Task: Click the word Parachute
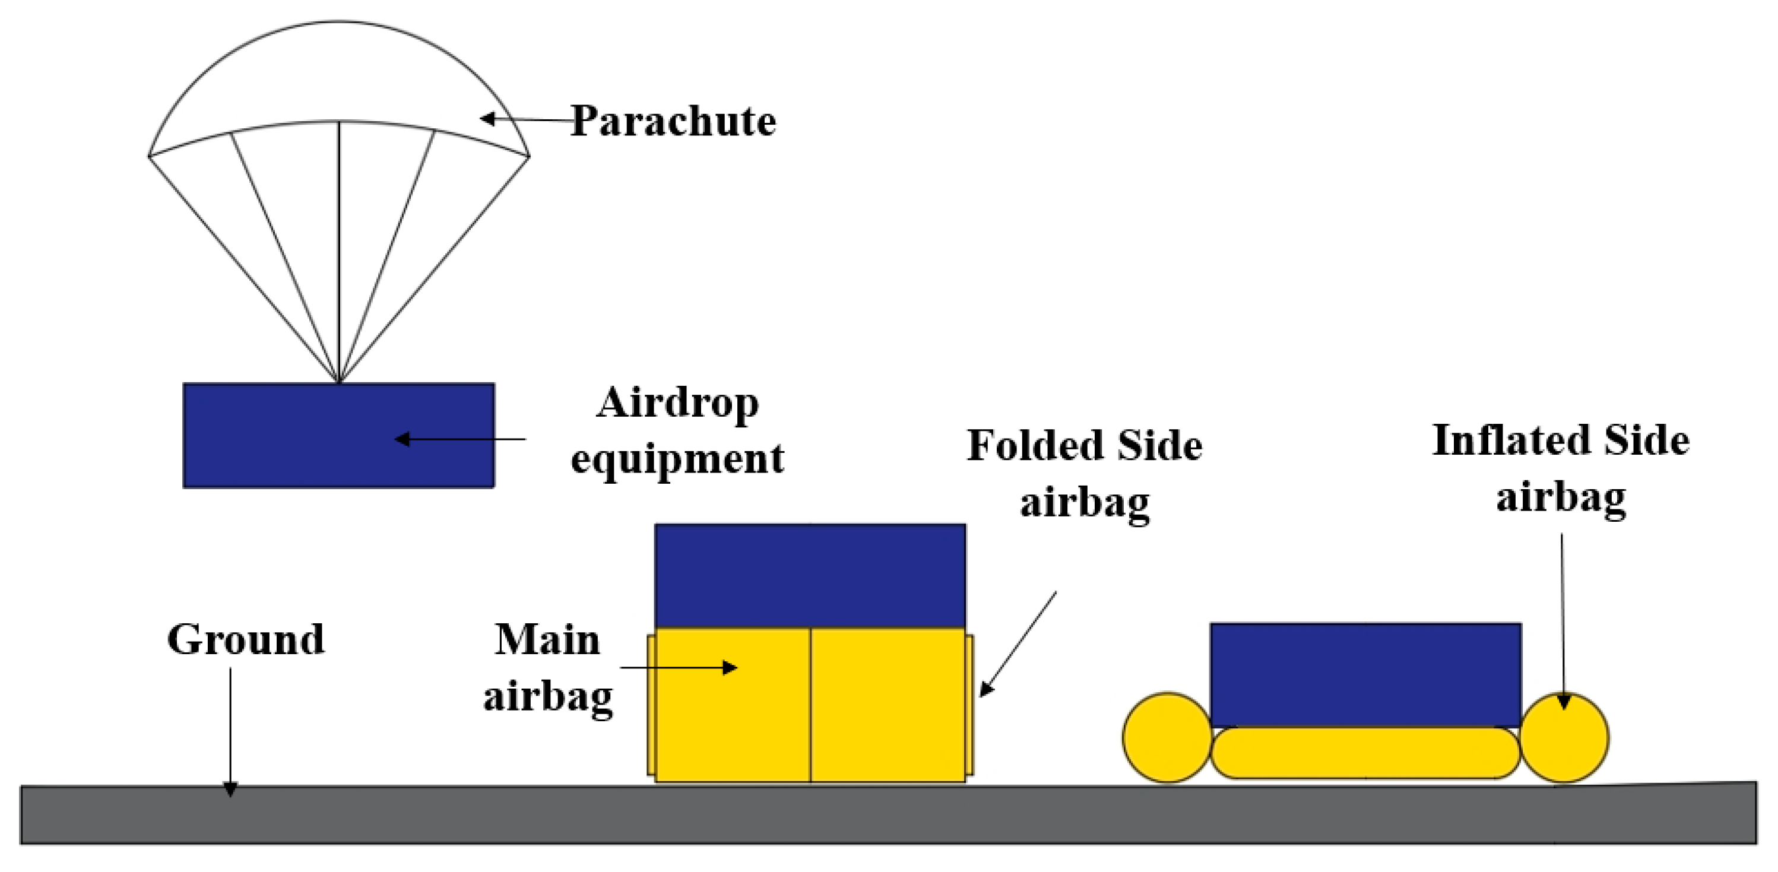673,122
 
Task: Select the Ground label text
246,639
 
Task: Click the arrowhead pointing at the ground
230,788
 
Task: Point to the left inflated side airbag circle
1167,737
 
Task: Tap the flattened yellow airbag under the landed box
1365,753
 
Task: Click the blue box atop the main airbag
810,575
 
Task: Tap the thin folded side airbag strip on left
651,704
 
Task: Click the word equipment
678,458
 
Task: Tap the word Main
547,639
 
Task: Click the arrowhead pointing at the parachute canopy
486,119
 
